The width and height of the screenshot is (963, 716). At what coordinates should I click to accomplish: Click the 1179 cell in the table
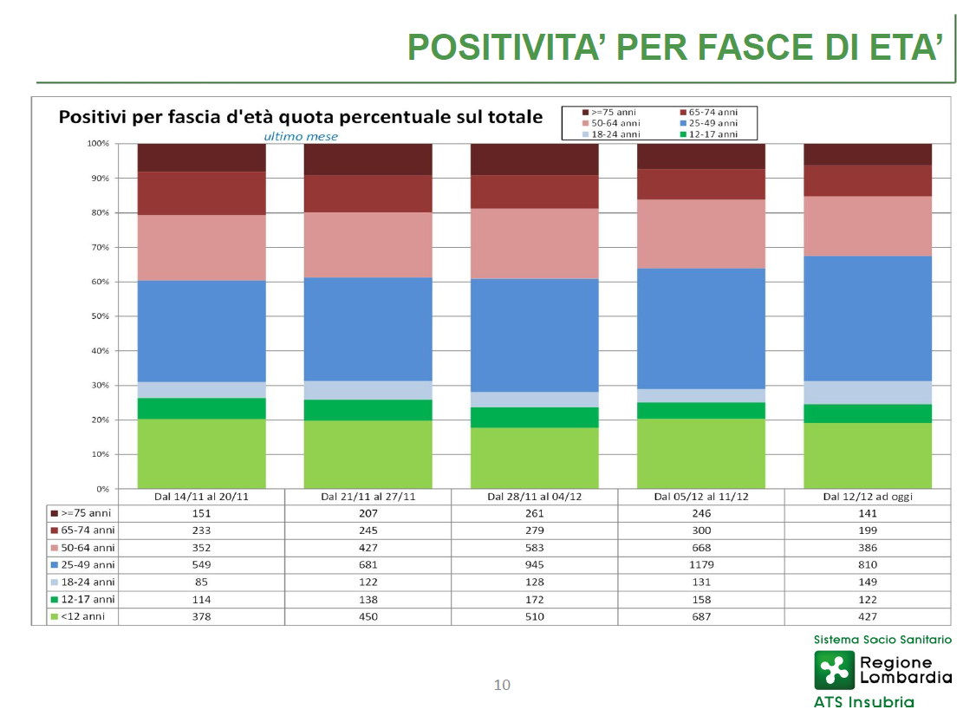click(x=700, y=564)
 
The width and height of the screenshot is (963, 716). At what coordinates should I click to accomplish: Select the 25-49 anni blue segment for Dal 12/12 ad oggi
click(x=867, y=319)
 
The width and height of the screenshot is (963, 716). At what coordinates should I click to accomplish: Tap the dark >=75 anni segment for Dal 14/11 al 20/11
click(x=201, y=158)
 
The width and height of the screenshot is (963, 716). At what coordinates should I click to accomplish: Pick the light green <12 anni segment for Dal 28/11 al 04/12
click(x=534, y=458)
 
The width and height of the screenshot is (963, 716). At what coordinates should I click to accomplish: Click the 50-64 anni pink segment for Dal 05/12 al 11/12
click(x=700, y=234)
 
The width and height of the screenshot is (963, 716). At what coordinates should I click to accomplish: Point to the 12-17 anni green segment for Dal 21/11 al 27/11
click(x=368, y=410)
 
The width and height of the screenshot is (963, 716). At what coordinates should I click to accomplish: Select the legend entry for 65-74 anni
click(x=709, y=113)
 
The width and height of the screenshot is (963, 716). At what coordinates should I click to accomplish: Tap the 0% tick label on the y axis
click(x=102, y=489)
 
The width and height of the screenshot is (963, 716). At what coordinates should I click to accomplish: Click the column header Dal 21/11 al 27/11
click(x=368, y=496)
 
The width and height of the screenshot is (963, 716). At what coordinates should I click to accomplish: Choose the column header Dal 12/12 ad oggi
click(x=867, y=496)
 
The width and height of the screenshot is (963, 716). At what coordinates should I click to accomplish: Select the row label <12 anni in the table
click(x=82, y=616)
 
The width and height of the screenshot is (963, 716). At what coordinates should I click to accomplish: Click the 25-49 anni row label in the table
click(x=88, y=564)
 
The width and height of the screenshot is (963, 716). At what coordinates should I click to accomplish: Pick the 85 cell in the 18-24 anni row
click(x=201, y=582)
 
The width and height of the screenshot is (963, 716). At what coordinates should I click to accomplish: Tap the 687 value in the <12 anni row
click(x=700, y=616)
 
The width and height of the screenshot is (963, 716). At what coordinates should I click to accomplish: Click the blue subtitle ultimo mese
click(x=301, y=136)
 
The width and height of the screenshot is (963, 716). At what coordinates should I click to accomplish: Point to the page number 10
click(x=502, y=685)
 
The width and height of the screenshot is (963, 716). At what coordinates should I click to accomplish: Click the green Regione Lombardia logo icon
click(x=834, y=670)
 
